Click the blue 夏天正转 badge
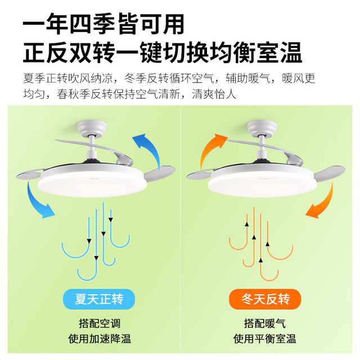coord(99,299)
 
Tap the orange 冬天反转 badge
coord(265,299)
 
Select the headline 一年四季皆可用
coord(103,24)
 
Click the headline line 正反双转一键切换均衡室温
coord(163,52)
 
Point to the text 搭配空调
coord(100,323)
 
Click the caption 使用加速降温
coord(100,339)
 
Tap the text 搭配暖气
coord(265,323)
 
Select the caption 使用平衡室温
coord(265,339)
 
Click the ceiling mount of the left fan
coord(92,128)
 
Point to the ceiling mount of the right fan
coord(262,128)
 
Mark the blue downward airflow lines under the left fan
coord(96,241)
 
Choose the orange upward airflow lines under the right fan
coord(261,244)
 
